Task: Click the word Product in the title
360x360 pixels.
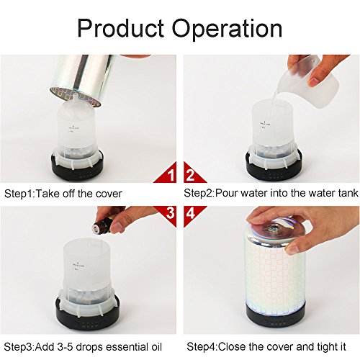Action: [x=120, y=28]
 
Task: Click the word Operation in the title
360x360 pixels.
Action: [x=227, y=28]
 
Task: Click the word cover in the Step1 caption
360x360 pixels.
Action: [x=109, y=194]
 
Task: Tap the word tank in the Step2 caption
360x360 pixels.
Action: [x=348, y=193]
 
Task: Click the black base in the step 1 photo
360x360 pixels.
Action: [x=78, y=168]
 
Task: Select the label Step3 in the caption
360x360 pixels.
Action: [x=18, y=348]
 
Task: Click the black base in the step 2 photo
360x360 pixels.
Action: [x=274, y=168]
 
